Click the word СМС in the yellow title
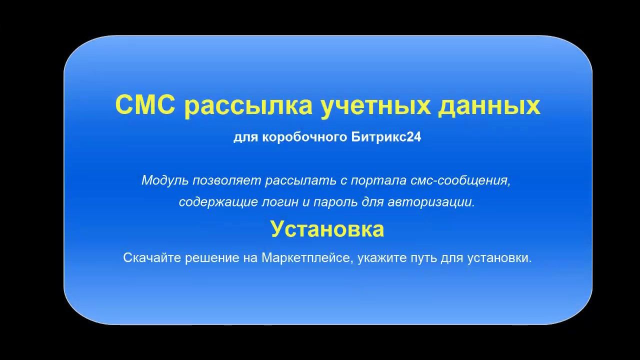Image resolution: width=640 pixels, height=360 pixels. tap(145, 105)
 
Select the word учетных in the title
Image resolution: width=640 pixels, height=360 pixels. tap(375, 107)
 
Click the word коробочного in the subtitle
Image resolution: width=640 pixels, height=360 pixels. tap(305, 137)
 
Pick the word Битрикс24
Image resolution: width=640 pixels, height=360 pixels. tap(386, 137)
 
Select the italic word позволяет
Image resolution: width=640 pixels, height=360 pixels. tap(227, 180)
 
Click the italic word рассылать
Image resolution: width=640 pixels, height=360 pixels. tap(300, 180)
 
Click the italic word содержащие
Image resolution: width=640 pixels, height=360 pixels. tap(218, 202)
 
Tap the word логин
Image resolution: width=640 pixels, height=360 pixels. tap(280, 202)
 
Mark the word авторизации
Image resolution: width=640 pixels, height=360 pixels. tap(431, 202)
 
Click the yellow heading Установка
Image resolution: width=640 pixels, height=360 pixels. tap(327, 229)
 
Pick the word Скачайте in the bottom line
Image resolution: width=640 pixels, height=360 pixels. tap(152, 257)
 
